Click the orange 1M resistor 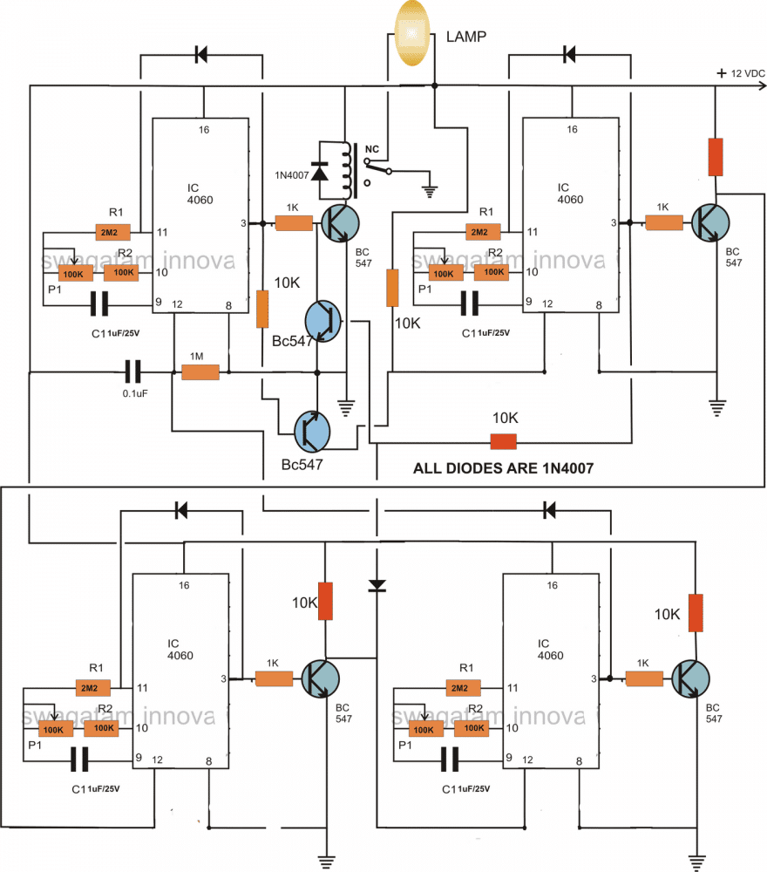pyautogui.click(x=200, y=373)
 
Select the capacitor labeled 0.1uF pyautogui.click(x=132, y=373)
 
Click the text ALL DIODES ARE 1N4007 pyautogui.click(x=503, y=468)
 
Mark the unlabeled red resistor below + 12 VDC pyautogui.click(x=714, y=156)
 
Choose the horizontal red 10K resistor pyautogui.click(x=503, y=442)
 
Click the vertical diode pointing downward pyautogui.click(x=377, y=585)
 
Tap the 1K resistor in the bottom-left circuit pyautogui.click(x=272, y=676)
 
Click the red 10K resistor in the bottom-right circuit pyautogui.click(x=695, y=612)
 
